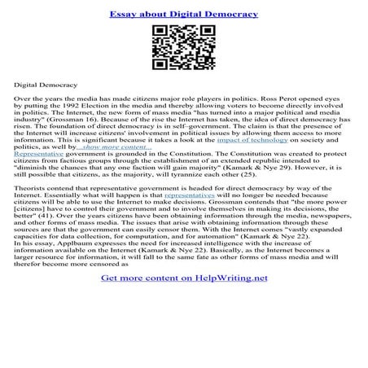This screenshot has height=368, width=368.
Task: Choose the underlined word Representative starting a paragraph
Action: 41,161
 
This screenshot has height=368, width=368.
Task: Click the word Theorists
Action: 32,213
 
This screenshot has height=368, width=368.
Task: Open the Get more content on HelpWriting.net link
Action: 184,346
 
